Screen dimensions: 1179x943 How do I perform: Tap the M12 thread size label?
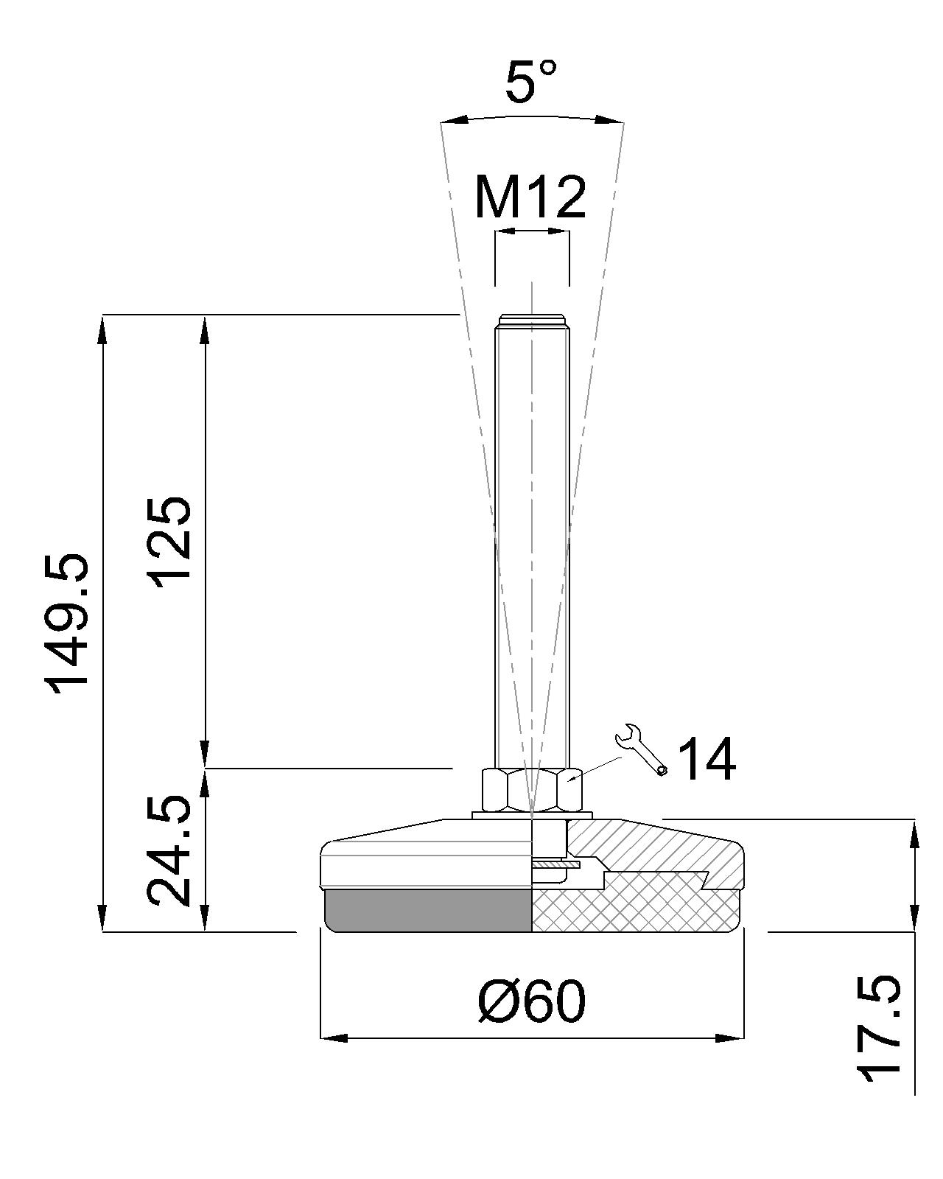[x=530, y=197]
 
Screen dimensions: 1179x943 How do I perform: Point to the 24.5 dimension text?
[x=170, y=850]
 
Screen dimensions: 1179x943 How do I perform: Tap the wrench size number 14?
[x=706, y=760]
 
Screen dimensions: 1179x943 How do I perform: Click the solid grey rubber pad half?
[x=427, y=911]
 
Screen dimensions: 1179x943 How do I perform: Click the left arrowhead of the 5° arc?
[x=451, y=120]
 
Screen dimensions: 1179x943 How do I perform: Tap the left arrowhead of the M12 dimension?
[x=502, y=231]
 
